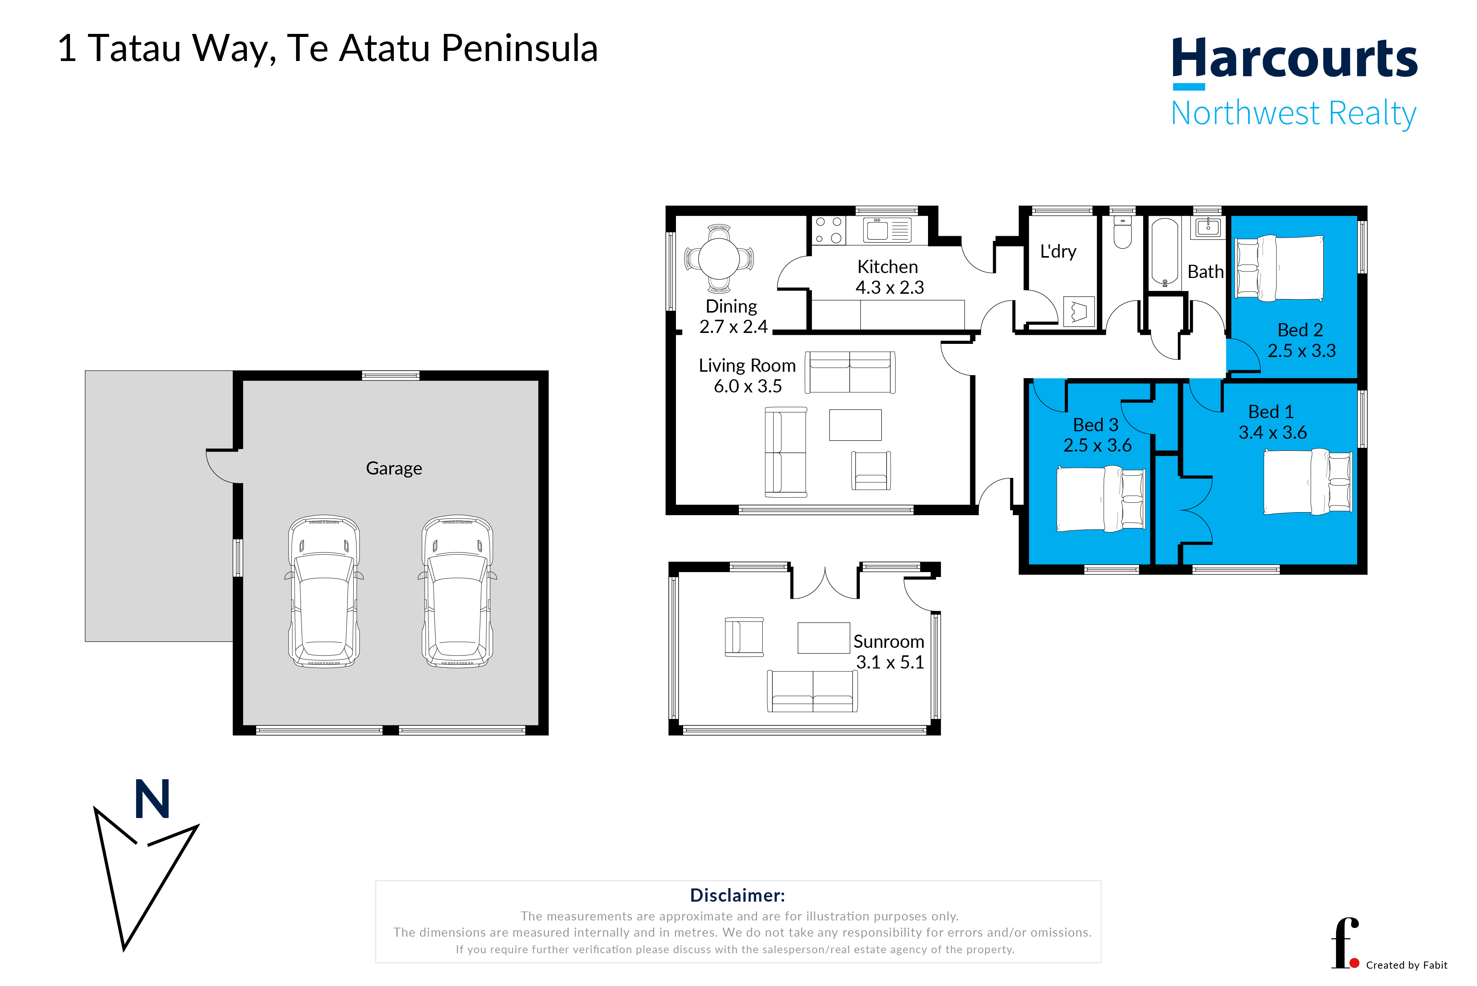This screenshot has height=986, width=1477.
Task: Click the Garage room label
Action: pyautogui.click(x=394, y=469)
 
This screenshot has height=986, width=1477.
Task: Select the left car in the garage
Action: pyautogui.click(x=324, y=591)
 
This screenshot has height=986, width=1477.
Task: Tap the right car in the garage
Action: pyautogui.click(x=457, y=591)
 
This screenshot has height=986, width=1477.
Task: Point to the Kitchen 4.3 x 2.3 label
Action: pyautogui.click(x=889, y=277)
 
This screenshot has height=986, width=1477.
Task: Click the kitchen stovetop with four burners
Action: pyautogui.click(x=829, y=230)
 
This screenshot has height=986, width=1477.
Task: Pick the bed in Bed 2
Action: pyautogui.click(x=1279, y=268)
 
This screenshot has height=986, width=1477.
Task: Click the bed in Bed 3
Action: pyautogui.click(x=1100, y=499)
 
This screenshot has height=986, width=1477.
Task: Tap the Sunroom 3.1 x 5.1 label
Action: pyautogui.click(x=889, y=652)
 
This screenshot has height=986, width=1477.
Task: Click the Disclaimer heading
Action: pyautogui.click(x=737, y=896)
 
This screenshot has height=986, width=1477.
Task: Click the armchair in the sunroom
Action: pyautogui.click(x=744, y=637)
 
